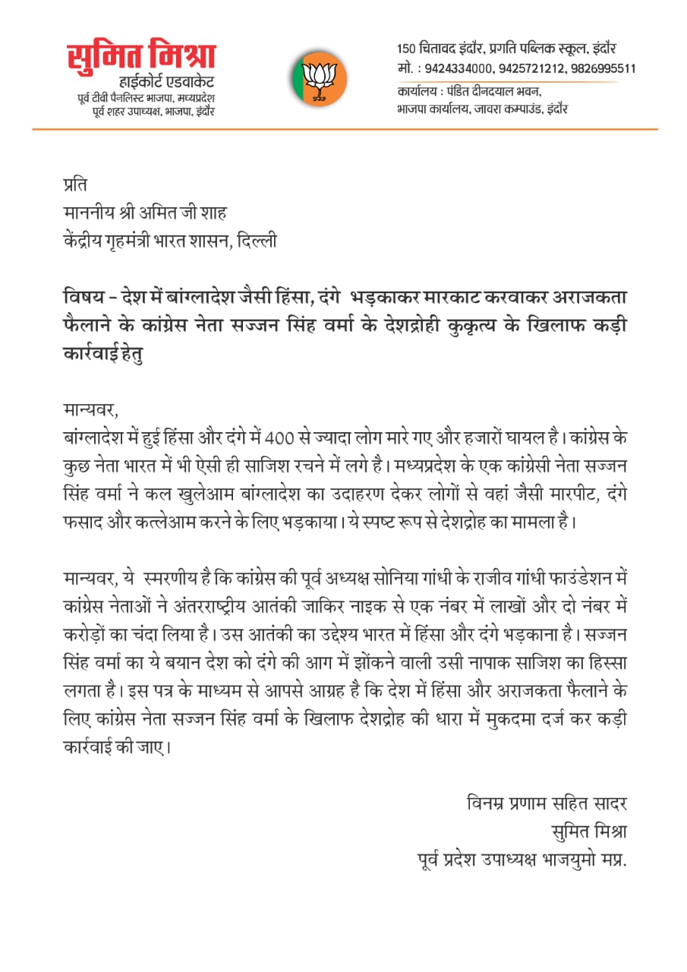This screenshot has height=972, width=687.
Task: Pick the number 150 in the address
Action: click(407, 49)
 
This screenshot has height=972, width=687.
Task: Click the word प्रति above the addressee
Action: click(76, 184)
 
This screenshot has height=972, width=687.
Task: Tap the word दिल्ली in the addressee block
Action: click(257, 241)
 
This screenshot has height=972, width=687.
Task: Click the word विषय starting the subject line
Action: click(82, 294)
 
